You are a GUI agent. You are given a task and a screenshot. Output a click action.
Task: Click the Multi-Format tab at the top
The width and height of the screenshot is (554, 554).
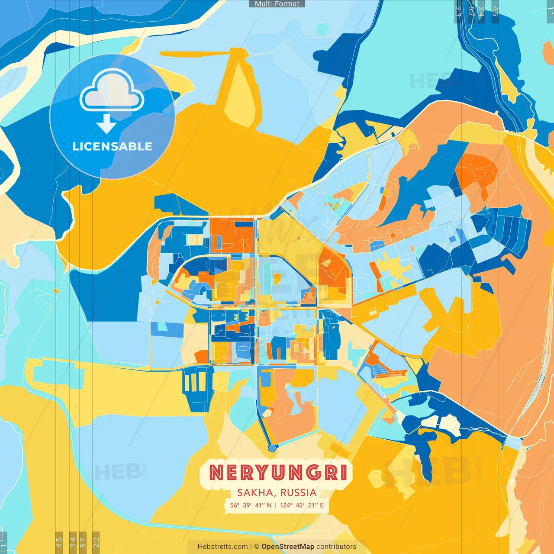pyautogui.click(x=277, y=4)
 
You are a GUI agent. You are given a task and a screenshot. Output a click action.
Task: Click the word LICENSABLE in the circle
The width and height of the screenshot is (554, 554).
pyautogui.click(x=112, y=146)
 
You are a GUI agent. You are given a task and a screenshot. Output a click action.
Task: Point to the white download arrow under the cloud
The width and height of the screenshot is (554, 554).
pyautogui.click(x=106, y=124)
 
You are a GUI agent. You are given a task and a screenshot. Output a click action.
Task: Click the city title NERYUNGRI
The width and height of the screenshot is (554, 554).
pyautogui.click(x=278, y=473)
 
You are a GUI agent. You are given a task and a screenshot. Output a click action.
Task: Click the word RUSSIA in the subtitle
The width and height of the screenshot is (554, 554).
pyautogui.click(x=298, y=493)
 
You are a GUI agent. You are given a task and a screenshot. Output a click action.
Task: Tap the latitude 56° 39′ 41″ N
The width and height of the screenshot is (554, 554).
pyautogui.click(x=251, y=505)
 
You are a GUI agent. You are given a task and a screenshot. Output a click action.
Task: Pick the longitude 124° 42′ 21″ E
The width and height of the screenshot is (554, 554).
pyautogui.click(x=302, y=505)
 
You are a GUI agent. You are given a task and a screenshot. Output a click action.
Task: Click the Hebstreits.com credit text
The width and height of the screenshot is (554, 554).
pyautogui.click(x=223, y=547)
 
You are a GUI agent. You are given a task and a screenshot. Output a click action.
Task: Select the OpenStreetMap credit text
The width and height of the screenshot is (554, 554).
pyautogui.click(x=288, y=547)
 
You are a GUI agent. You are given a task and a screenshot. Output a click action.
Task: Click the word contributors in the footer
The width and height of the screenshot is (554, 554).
pyautogui.click(x=336, y=547)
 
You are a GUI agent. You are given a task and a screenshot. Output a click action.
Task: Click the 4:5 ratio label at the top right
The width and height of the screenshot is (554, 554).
pyautogui.click(x=495, y=11)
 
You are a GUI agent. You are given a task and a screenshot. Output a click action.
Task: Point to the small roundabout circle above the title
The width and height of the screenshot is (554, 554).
pyautogui.click(x=272, y=447)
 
